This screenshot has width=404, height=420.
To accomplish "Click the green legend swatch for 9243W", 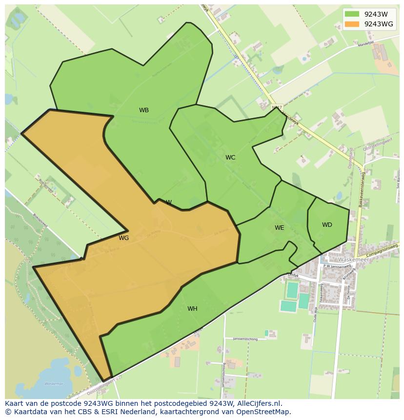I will point(352,14).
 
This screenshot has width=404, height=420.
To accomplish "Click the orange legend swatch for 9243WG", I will point(352,24).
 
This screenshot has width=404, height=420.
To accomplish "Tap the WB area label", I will point(144,110).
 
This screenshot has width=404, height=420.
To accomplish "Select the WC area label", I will point(230,158).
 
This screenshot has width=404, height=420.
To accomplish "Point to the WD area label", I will point(327,225).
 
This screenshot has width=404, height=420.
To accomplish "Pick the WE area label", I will point(279,228).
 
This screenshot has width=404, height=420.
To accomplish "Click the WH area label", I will point(192,309).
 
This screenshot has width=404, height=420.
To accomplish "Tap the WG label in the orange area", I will point(124,238).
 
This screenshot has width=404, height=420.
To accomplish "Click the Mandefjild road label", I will point(365,43).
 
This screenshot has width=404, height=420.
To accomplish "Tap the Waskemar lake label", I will point(54,384).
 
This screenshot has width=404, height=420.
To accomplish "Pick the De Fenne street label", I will point(349,293).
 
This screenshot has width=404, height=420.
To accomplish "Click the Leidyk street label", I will point(293,275).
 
